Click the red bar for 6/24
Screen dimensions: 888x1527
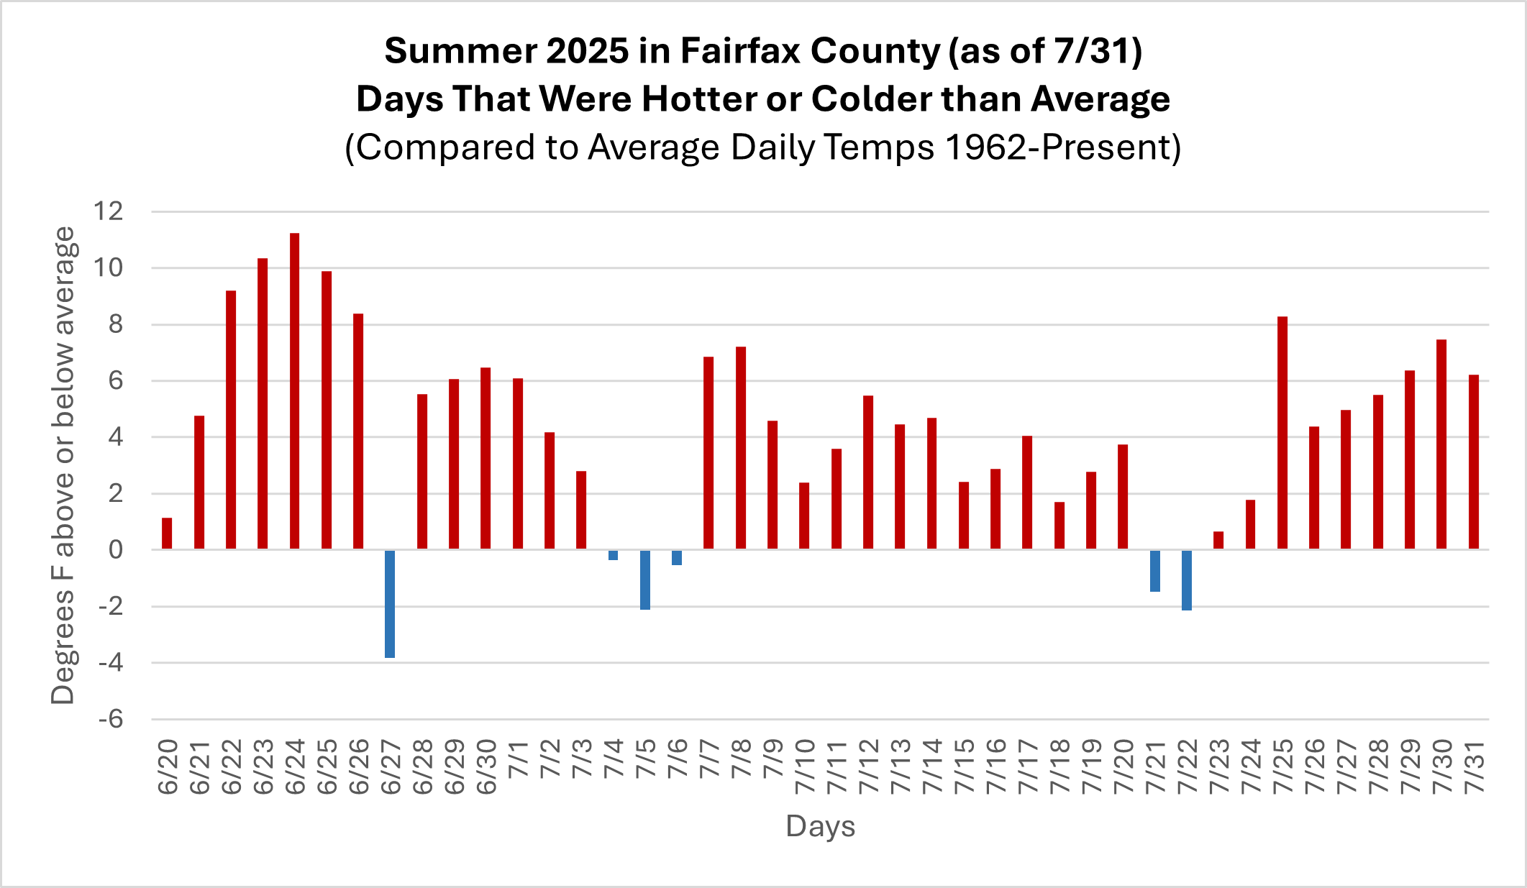click(x=294, y=391)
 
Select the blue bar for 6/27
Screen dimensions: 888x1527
click(x=390, y=603)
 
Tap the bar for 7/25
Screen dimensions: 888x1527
click(x=1282, y=433)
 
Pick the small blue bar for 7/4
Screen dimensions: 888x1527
click(x=613, y=555)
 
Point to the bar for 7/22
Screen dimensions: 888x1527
click(x=1186, y=580)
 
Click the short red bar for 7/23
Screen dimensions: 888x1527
click(x=1218, y=541)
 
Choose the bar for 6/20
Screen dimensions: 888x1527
click(x=167, y=534)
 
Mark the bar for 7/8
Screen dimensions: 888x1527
click(x=741, y=448)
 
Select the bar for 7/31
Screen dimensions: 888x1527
click(x=1473, y=462)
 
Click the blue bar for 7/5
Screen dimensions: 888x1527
click(x=645, y=580)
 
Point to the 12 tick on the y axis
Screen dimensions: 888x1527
click(x=109, y=211)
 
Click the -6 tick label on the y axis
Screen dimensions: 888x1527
click(x=111, y=719)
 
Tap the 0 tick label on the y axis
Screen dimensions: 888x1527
click(x=115, y=550)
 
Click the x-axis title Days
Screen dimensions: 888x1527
click(x=820, y=826)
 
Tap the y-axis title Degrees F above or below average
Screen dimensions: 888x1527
click(x=63, y=465)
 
